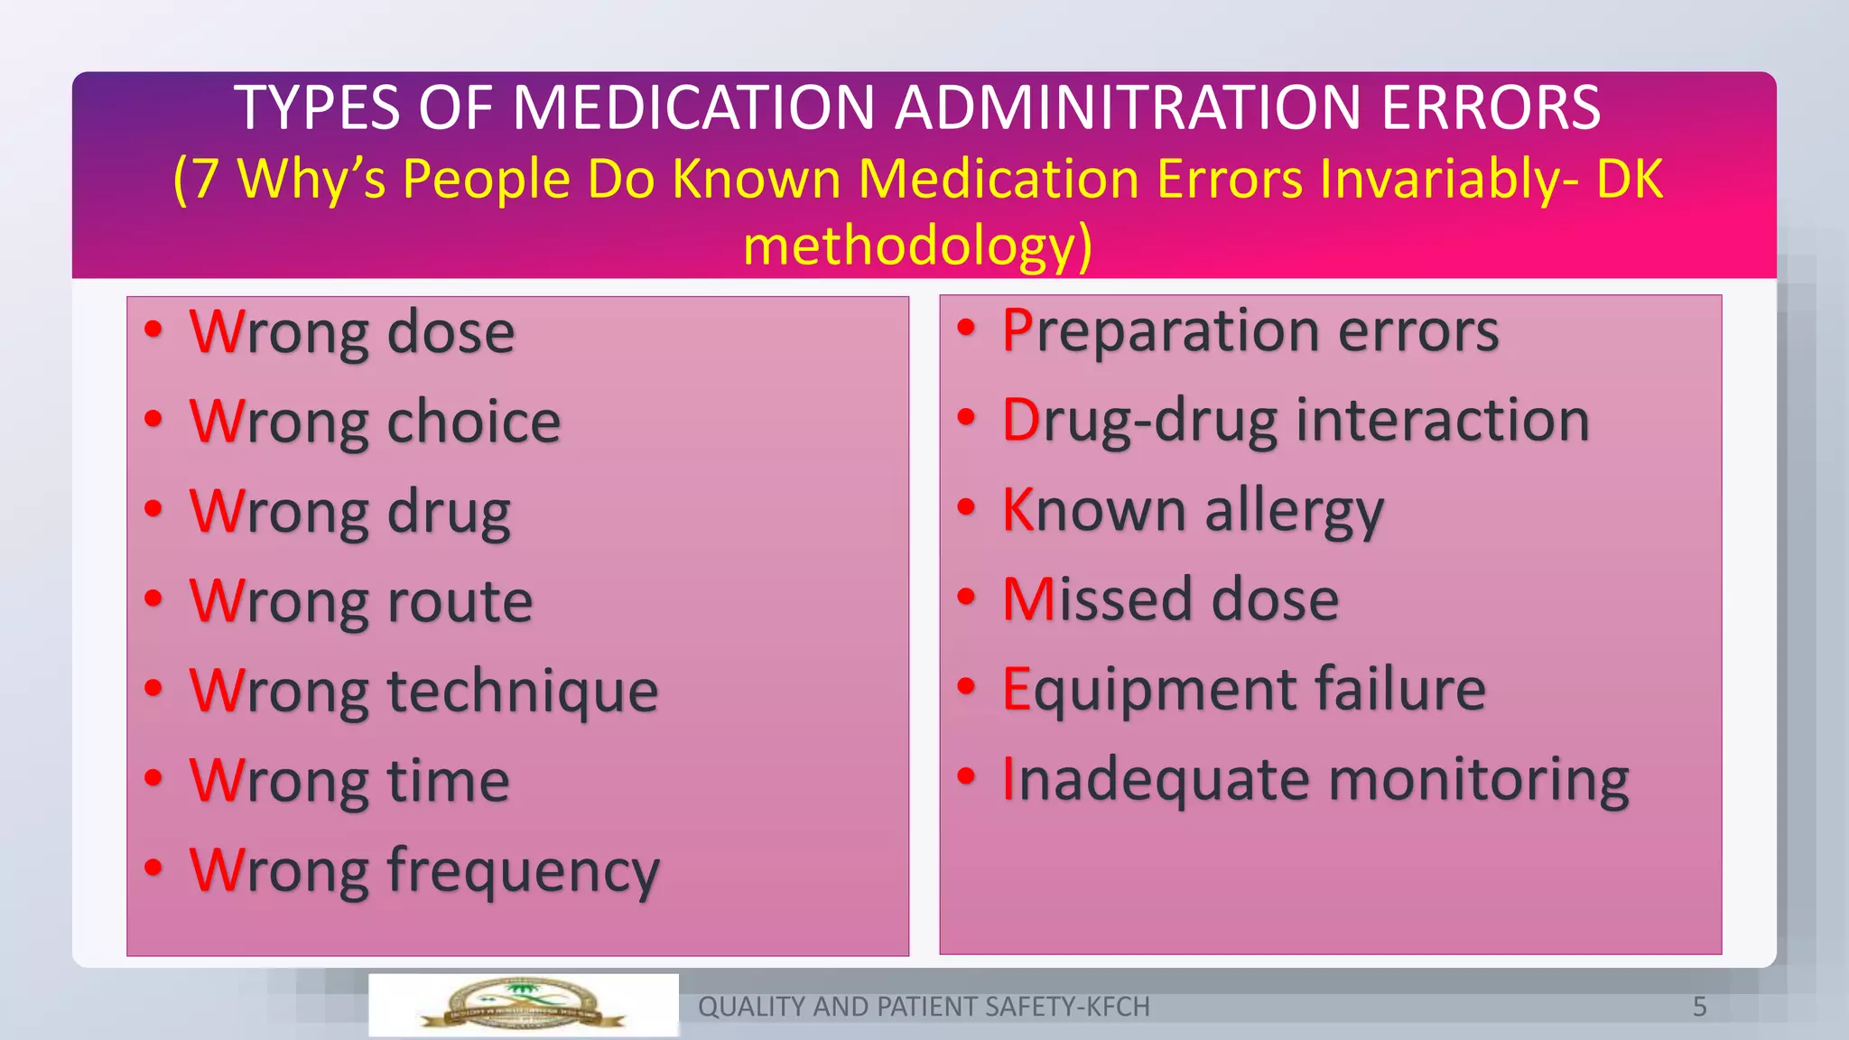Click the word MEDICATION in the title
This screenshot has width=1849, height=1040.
coord(693,107)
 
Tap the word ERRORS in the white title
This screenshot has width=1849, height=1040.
coord(1491,107)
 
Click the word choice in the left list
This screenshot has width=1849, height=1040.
coord(474,422)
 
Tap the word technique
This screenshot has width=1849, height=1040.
coord(523,691)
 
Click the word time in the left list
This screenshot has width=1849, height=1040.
coord(449,780)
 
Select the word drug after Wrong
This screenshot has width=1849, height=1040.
coord(449,512)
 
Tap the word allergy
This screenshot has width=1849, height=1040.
coord(1294,510)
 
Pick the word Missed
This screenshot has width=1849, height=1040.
coord(1096,599)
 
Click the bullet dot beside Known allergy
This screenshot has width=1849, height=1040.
coord(967,506)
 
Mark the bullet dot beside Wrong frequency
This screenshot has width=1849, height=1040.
coord(153,867)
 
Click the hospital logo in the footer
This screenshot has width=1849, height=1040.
coord(523,1005)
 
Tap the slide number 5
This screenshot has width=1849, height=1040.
coord(1699,1007)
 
